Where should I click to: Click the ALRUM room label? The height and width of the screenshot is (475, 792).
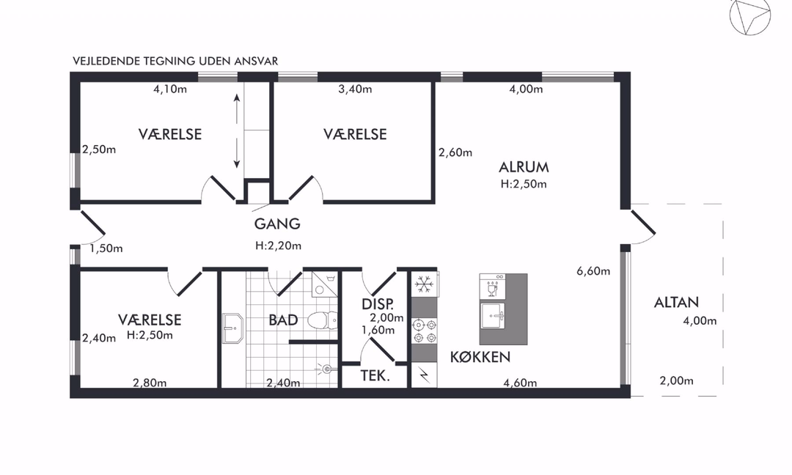pyautogui.click(x=524, y=167)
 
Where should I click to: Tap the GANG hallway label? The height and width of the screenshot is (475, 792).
pyautogui.click(x=277, y=224)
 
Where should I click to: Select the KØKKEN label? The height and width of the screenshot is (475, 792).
pyautogui.click(x=480, y=357)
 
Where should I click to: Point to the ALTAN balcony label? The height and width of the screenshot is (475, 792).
pyautogui.click(x=676, y=302)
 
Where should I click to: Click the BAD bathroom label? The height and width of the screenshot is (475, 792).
pyautogui.click(x=283, y=320)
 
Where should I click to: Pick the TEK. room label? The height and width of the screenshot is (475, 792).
pyautogui.click(x=375, y=375)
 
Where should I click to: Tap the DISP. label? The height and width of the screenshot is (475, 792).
pyautogui.click(x=378, y=304)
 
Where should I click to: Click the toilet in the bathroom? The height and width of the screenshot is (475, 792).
pyautogui.click(x=322, y=320)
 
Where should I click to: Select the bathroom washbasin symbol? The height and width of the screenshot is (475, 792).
pyautogui.click(x=232, y=328)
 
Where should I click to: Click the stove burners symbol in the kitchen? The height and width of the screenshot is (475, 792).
pyautogui.click(x=425, y=331)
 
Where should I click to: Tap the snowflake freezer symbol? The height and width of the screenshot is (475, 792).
pyautogui.click(x=424, y=284)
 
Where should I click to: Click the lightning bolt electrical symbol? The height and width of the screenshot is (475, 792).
pyautogui.click(x=424, y=375)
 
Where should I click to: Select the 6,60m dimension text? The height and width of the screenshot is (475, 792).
pyautogui.click(x=593, y=271)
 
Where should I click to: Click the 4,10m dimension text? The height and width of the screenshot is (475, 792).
pyautogui.click(x=170, y=89)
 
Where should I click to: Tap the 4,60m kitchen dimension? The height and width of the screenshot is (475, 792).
pyautogui.click(x=520, y=383)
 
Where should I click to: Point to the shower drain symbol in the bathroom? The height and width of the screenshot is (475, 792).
pyautogui.click(x=326, y=369)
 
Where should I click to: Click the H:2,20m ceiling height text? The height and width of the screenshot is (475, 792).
pyautogui.click(x=279, y=246)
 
